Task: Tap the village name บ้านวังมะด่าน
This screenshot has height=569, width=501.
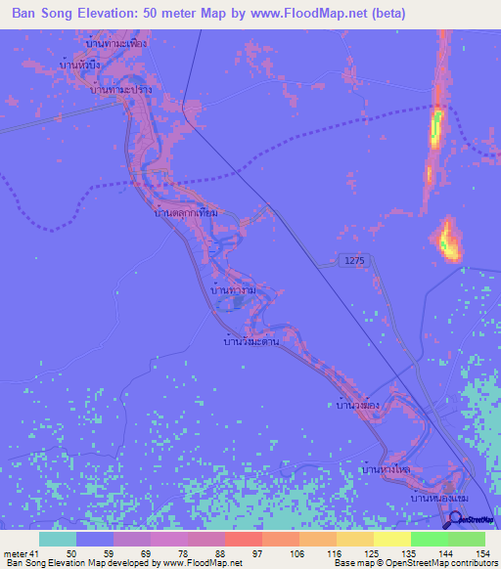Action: coord(252,342)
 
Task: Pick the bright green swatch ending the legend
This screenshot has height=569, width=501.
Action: coord(466,539)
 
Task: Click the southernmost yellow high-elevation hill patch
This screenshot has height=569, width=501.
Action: coord(449,241)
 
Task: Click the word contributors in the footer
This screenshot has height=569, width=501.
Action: coord(470,563)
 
